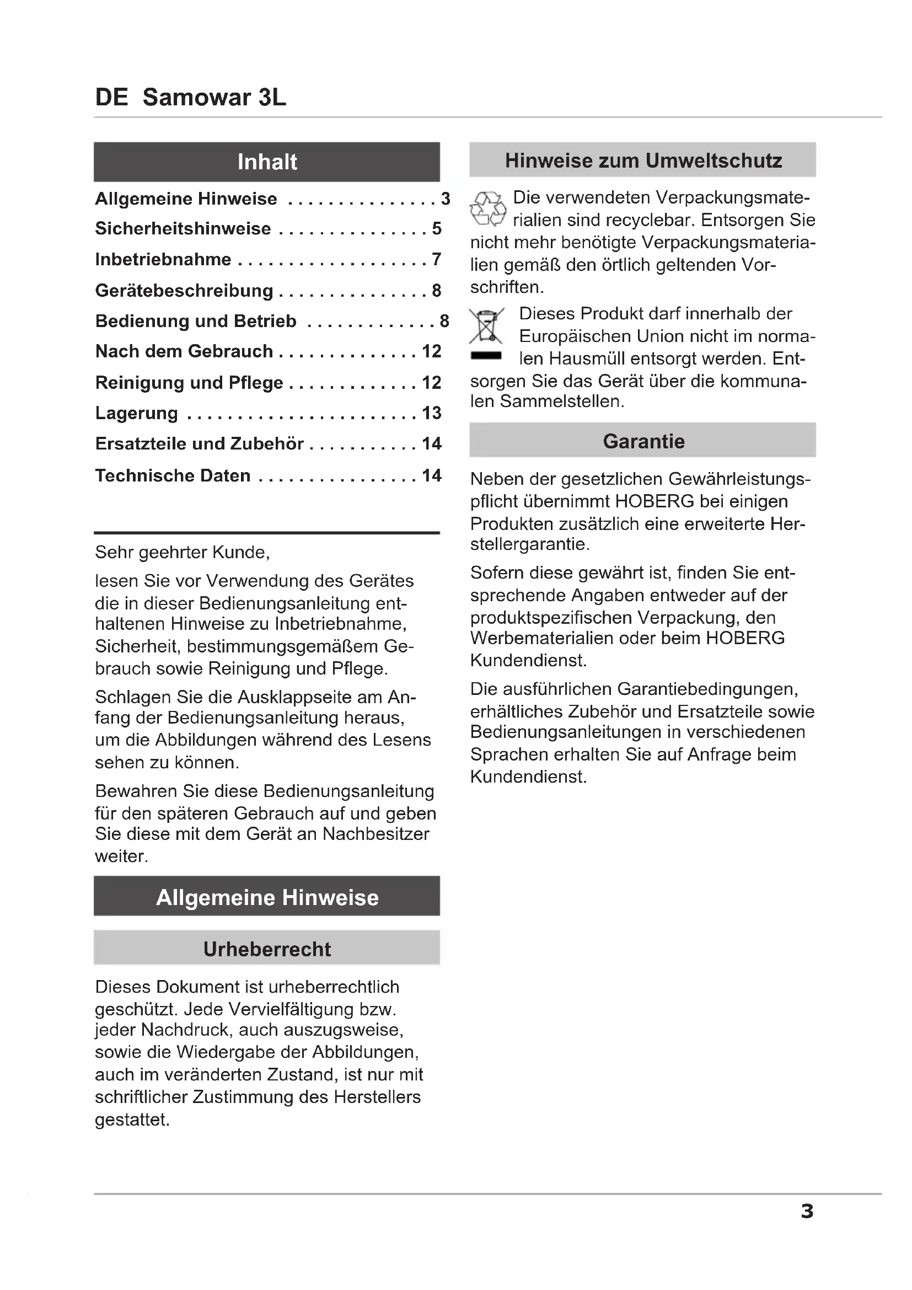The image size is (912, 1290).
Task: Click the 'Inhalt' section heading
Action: click(267, 162)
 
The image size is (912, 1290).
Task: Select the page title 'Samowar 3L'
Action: click(214, 97)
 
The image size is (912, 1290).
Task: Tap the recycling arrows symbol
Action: click(487, 208)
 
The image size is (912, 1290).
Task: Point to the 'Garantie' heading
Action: click(643, 441)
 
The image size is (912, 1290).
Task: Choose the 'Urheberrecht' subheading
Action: click(267, 949)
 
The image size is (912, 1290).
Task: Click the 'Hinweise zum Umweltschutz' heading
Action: click(643, 160)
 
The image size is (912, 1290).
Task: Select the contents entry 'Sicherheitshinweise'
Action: click(183, 229)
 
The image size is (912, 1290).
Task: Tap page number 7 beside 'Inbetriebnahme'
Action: click(436, 259)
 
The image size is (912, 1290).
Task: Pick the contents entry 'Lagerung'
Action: click(136, 413)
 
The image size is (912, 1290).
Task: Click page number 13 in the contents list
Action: click(431, 413)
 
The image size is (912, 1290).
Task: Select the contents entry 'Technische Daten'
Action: click(173, 475)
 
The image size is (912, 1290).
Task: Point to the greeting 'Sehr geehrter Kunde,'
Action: click(183, 552)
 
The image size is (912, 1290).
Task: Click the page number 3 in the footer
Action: click(807, 1211)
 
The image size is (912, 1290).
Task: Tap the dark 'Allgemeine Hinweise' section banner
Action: click(267, 897)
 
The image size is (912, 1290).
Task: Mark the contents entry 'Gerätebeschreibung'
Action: click(184, 291)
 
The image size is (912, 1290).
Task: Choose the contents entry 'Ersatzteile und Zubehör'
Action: click(200, 443)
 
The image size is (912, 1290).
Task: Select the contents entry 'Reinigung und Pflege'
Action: click(189, 383)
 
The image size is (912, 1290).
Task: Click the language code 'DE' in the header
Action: click(112, 97)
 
